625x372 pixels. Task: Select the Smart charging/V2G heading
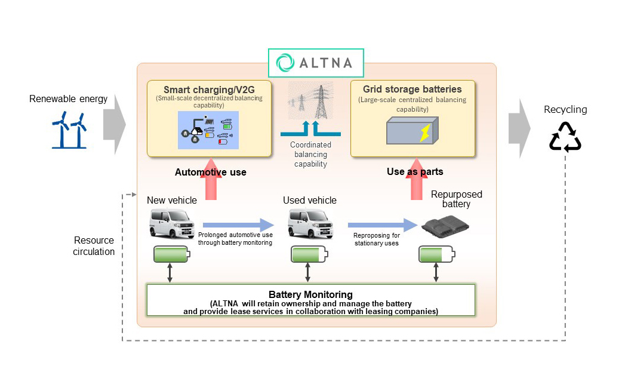pos(209,90)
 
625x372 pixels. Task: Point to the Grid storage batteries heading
pos(412,89)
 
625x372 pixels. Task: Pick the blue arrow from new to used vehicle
pos(237,225)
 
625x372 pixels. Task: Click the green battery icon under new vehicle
pos(171,254)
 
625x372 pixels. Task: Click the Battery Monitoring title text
pos(310,294)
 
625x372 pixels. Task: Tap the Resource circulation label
pos(94,246)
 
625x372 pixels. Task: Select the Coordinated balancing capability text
pos(310,154)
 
